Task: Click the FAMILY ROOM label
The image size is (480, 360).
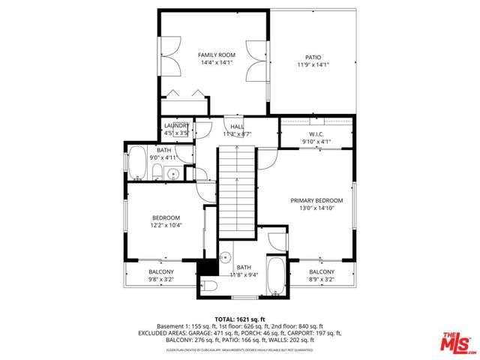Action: click(x=216, y=55)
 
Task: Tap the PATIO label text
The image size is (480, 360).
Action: click(x=312, y=56)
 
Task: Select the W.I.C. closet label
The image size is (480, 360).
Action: click(x=315, y=135)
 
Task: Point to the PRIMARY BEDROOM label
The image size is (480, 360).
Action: click(x=316, y=200)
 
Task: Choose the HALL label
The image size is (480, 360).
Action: click(x=237, y=127)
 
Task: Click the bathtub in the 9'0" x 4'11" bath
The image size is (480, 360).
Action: click(x=137, y=163)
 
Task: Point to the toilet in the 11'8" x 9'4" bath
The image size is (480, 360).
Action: click(x=208, y=286)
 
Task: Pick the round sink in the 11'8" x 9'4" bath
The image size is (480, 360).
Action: click(x=224, y=259)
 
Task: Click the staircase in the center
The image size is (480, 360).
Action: click(x=238, y=191)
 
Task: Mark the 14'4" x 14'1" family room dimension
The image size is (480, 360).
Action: click(x=216, y=63)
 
